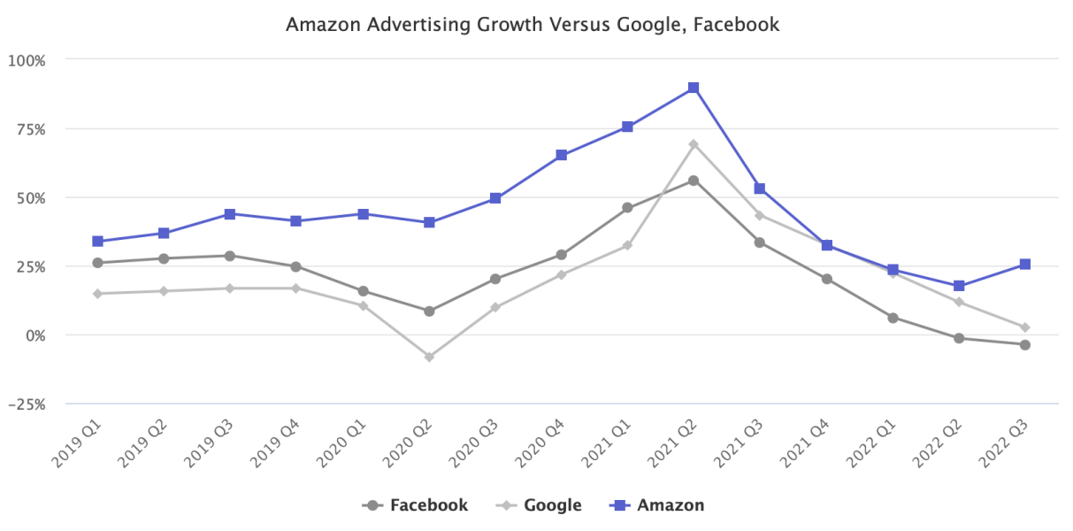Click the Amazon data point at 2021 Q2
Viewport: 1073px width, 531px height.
pyautogui.click(x=694, y=88)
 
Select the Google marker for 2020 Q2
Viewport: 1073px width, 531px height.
pyautogui.click(x=429, y=357)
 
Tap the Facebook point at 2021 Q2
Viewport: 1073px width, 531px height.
pyautogui.click(x=694, y=181)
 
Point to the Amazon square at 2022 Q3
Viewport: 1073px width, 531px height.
pyautogui.click(x=1024, y=264)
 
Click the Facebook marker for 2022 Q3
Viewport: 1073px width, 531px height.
pyautogui.click(x=1024, y=345)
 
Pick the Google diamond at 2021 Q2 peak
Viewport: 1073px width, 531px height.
pyautogui.click(x=694, y=144)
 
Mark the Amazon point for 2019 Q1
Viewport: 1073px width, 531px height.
pyautogui.click(x=97, y=241)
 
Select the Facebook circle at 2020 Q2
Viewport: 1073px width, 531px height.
pyautogui.click(x=429, y=312)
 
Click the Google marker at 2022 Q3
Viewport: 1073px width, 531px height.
pyautogui.click(x=1024, y=327)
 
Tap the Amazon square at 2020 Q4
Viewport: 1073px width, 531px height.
pyautogui.click(x=561, y=155)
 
